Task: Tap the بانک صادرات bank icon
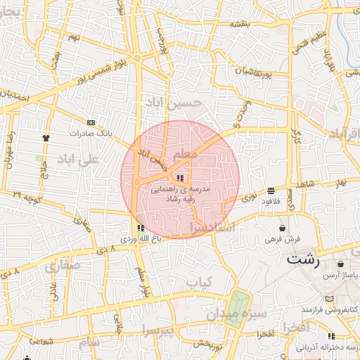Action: point(90,122)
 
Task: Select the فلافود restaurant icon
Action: point(271,191)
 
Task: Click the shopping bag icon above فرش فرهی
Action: point(282,228)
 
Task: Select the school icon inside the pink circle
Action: point(181,178)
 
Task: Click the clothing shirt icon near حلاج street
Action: point(46,138)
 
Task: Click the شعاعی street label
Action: point(41,341)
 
